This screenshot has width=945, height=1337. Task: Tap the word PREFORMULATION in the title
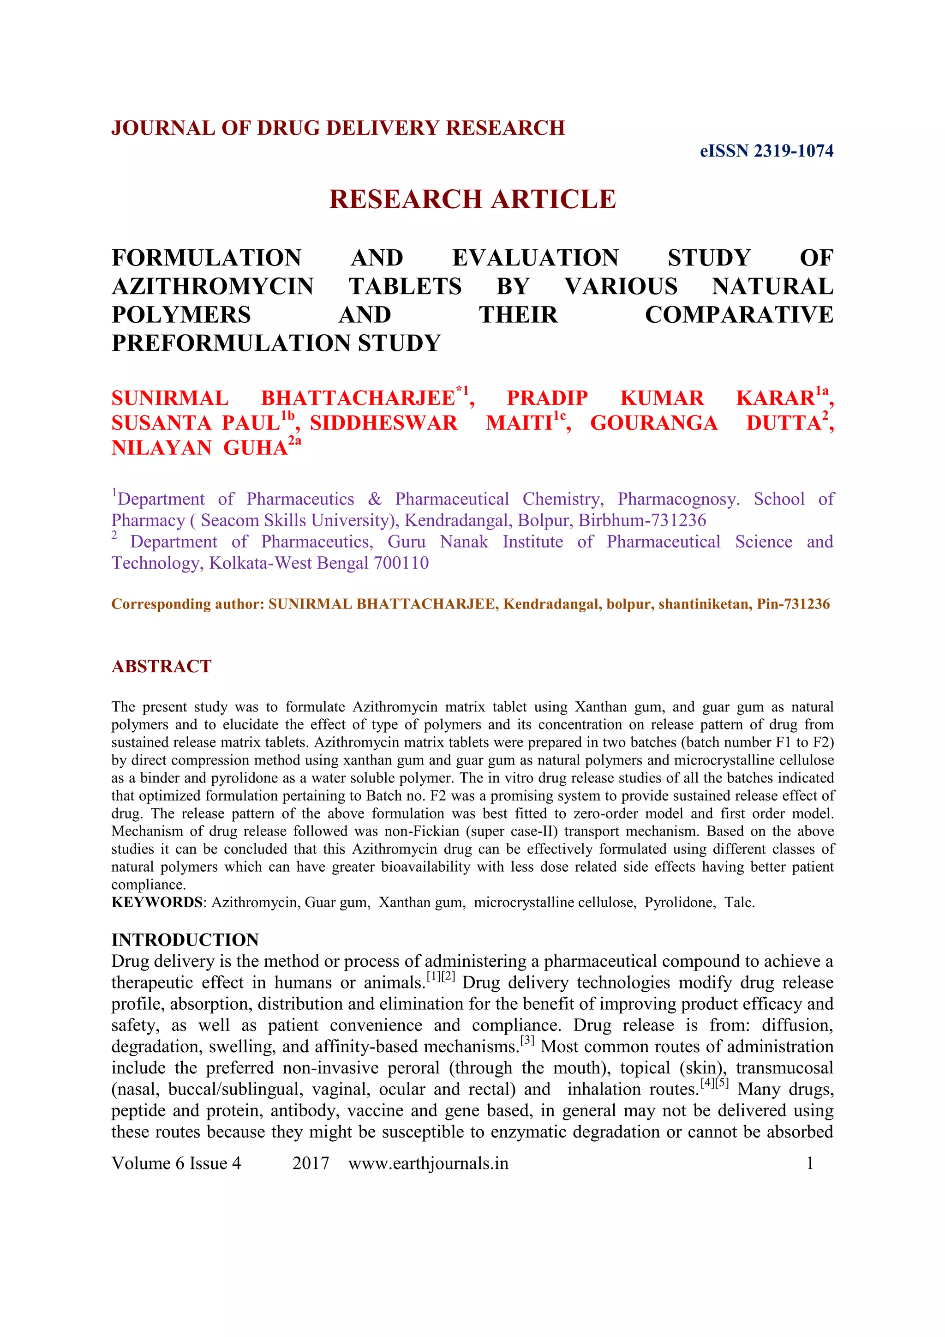click(x=231, y=343)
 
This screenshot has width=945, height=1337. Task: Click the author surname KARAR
click(x=775, y=398)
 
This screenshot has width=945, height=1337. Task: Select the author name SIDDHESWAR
click(x=383, y=423)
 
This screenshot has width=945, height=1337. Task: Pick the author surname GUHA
click(x=256, y=448)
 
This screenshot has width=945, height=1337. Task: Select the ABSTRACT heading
click(x=161, y=666)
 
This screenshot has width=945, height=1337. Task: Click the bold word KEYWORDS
click(x=156, y=903)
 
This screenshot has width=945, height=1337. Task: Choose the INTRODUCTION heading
click(x=185, y=940)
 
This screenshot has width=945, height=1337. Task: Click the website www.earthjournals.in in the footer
click(x=428, y=1163)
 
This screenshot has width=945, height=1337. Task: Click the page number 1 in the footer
click(x=809, y=1163)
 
